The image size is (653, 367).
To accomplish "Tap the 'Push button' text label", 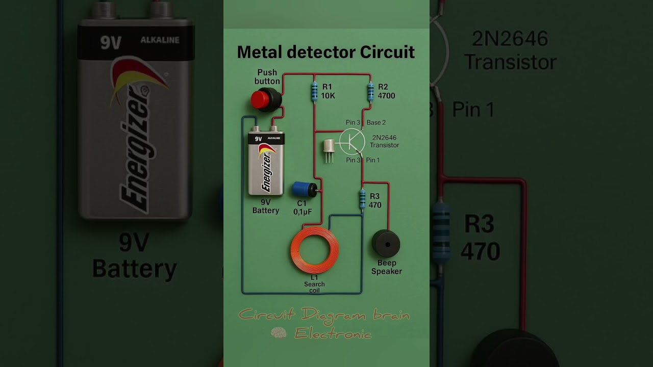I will [267, 77].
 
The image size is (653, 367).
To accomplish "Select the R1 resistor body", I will [314, 92].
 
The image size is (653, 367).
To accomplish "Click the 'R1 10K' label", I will [328, 91].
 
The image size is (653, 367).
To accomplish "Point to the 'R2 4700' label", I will [386, 91].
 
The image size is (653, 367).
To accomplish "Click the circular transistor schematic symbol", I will [352, 141].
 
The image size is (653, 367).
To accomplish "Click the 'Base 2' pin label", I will [376, 122].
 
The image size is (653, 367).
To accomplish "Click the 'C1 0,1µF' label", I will [302, 207].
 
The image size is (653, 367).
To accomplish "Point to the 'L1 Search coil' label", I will [314, 284].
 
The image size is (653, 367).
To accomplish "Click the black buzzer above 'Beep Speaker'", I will [386, 244].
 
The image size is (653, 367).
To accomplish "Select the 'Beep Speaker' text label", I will [386, 267].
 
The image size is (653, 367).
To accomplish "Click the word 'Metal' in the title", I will [259, 52].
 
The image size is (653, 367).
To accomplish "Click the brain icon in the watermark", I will [279, 333].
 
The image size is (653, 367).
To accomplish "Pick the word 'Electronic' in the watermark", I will [333, 333].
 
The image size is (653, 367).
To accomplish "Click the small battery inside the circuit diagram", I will [266, 163].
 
